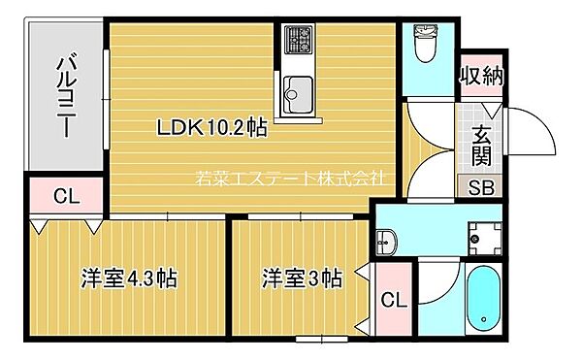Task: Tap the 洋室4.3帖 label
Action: [x=128, y=278]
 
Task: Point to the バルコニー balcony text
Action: [x=66, y=97]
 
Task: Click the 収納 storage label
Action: [x=482, y=75]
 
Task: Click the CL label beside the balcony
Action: [x=65, y=197]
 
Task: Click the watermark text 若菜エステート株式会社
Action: [x=291, y=179]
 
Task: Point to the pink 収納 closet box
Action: [x=482, y=75]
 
